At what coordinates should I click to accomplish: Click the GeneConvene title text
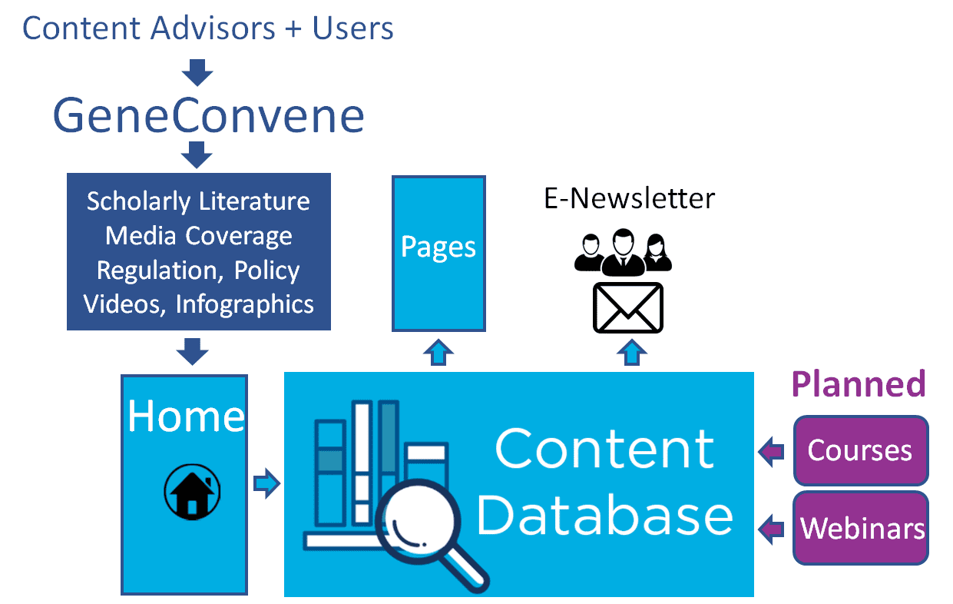click(208, 116)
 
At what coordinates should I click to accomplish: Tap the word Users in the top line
click(352, 28)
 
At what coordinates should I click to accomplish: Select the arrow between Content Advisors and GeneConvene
click(197, 73)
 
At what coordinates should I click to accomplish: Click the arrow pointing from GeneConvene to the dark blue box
click(197, 155)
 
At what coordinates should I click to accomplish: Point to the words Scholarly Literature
click(198, 201)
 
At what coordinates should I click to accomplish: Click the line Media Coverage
click(199, 236)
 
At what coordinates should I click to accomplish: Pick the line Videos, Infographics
click(199, 304)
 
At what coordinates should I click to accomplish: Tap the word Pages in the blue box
click(438, 247)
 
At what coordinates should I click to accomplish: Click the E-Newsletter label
click(629, 198)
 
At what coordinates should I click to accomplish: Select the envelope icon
click(628, 307)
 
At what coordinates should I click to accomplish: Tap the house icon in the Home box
click(192, 492)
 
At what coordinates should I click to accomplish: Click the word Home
click(187, 416)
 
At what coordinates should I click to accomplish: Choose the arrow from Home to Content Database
click(266, 483)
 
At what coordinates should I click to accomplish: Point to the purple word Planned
click(859, 384)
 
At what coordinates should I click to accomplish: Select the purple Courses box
click(861, 451)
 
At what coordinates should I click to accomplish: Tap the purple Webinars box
click(861, 528)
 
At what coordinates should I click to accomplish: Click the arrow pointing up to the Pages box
click(438, 353)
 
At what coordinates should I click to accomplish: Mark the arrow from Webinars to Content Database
click(771, 529)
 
